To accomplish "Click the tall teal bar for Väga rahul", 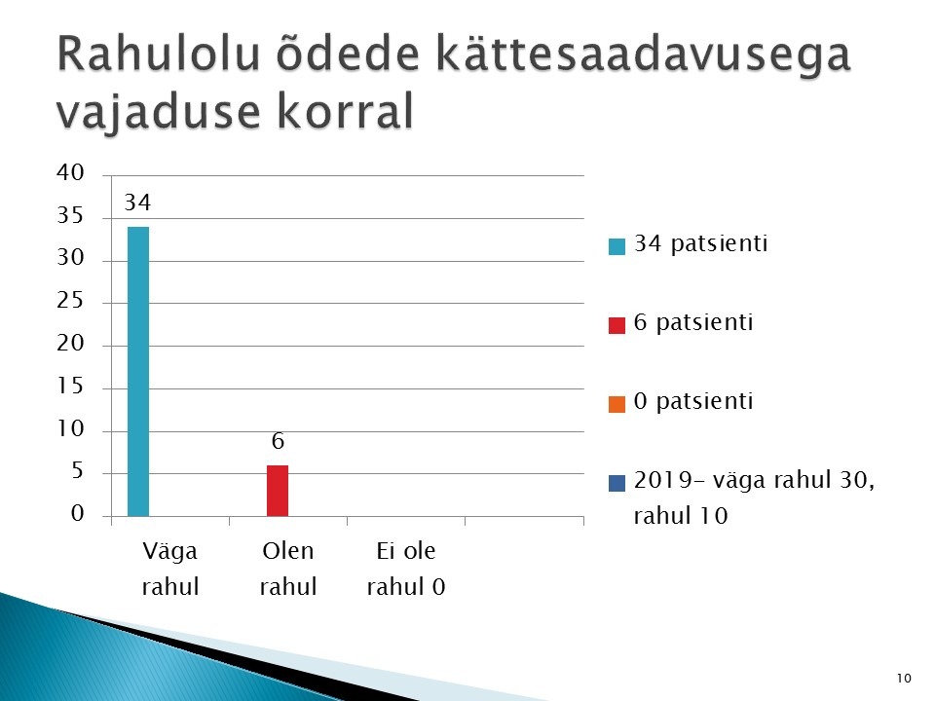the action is pyautogui.click(x=138, y=371).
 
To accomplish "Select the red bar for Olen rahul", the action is pyautogui.click(x=278, y=491).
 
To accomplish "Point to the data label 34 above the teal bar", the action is pyautogui.click(x=137, y=203).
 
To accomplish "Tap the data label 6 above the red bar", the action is pyautogui.click(x=278, y=441).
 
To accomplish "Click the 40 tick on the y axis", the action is pyautogui.click(x=70, y=172).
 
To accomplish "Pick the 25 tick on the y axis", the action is pyautogui.click(x=70, y=300).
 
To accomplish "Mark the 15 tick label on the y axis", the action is pyautogui.click(x=70, y=386).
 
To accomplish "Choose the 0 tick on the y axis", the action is pyautogui.click(x=78, y=513).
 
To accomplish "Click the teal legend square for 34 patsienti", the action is pyautogui.click(x=617, y=246).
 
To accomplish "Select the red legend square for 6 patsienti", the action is pyautogui.click(x=617, y=325).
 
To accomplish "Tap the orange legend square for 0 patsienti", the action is pyautogui.click(x=617, y=404).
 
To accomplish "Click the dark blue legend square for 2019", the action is pyautogui.click(x=617, y=483).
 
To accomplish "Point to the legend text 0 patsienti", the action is pyautogui.click(x=693, y=401).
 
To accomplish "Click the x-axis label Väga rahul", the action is pyautogui.click(x=169, y=569).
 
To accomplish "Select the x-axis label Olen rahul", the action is pyautogui.click(x=288, y=569).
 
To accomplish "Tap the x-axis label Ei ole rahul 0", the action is pyautogui.click(x=406, y=569).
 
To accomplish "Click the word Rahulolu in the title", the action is pyautogui.click(x=159, y=54).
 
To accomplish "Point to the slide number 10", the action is pyautogui.click(x=904, y=678).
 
